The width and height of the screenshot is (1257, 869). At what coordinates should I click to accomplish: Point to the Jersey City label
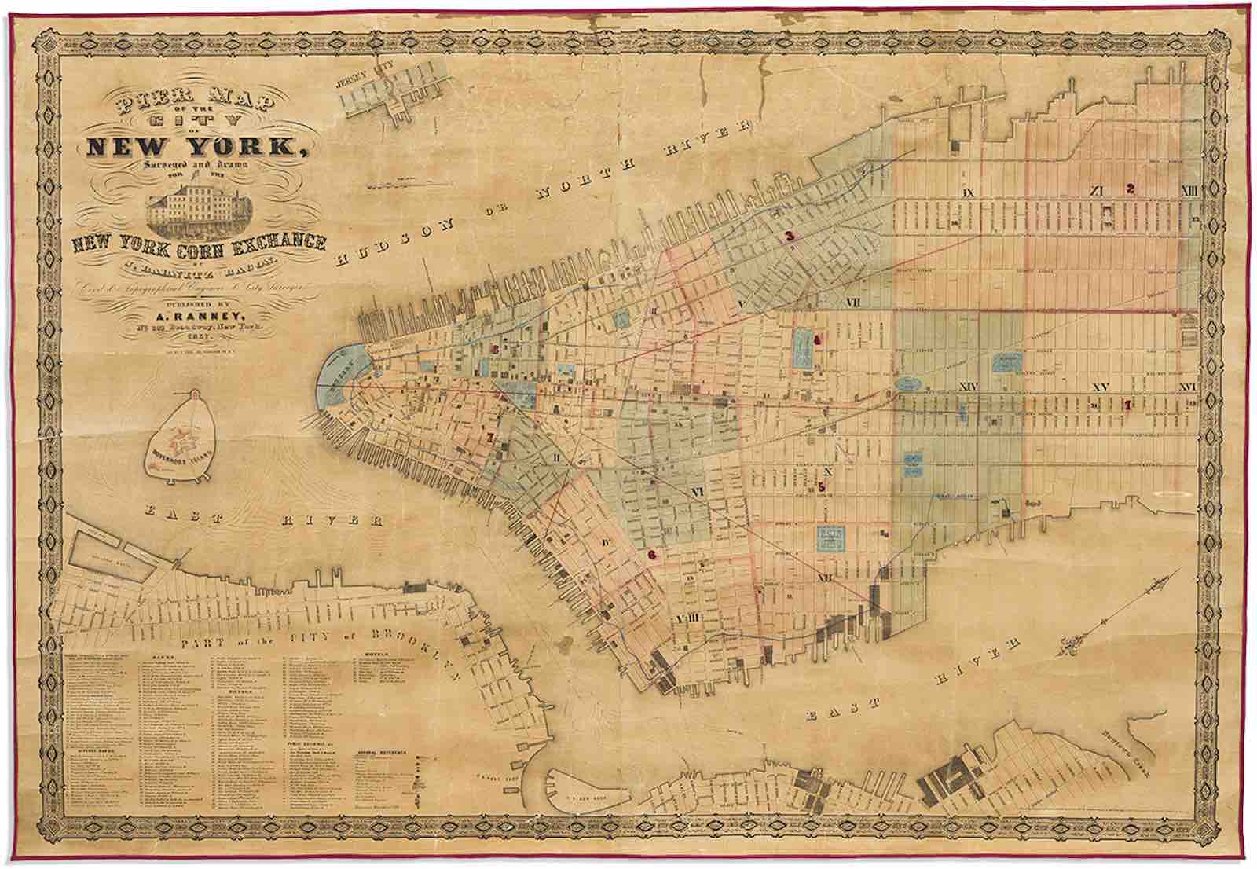362,82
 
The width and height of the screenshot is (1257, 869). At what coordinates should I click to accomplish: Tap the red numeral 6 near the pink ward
651,555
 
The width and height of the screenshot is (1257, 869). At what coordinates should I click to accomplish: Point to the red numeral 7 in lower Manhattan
491,438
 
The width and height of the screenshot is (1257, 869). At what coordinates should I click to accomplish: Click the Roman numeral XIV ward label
968,387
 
